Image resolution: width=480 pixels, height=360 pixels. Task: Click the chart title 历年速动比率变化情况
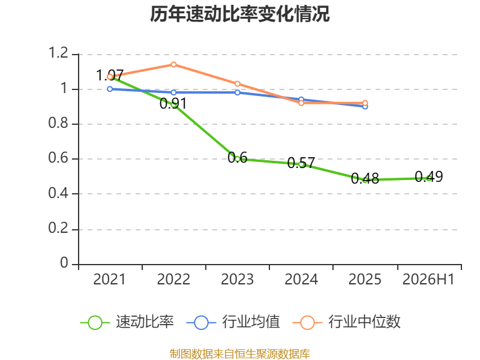[x=239, y=14]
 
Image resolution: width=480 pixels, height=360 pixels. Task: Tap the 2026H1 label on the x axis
[x=428, y=279]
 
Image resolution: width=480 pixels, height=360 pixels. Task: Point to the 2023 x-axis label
[x=237, y=279]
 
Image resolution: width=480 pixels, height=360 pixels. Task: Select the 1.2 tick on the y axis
[x=58, y=53]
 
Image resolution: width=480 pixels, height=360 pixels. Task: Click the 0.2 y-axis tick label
[x=58, y=228]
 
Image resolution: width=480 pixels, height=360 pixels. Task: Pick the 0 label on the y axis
[x=64, y=263]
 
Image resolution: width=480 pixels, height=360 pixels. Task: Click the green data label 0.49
[x=429, y=176]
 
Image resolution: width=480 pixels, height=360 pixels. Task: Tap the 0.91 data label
[x=173, y=103]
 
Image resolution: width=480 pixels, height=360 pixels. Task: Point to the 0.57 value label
[x=301, y=163]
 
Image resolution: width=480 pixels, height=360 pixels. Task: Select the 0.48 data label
[x=365, y=178]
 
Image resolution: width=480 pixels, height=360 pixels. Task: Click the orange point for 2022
[x=173, y=64]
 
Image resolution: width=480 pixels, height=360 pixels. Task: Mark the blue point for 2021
[x=110, y=89]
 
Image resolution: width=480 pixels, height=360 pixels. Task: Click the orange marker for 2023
[x=237, y=83]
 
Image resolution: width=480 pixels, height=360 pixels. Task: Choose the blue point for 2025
[x=365, y=107]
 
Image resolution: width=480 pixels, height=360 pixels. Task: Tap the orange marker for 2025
[x=365, y=103]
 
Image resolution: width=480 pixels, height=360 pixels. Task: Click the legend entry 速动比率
[x=127, y=322]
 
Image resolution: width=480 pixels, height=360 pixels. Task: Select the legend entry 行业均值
[x=233, y=322]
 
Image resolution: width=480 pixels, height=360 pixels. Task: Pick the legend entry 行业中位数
[x=347, y=322]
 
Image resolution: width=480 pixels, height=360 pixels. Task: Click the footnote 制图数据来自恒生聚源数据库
[x=240, y=354]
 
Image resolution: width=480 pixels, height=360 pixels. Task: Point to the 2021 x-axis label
[x=109, y=279]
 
